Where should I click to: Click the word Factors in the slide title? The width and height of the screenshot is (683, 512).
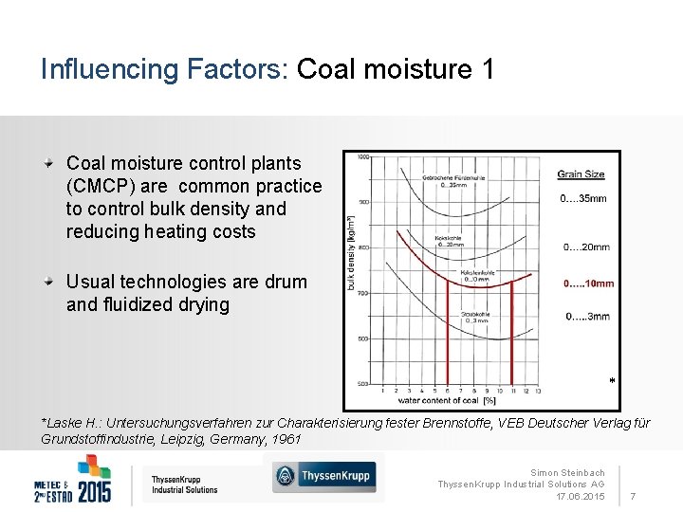pos(228,70)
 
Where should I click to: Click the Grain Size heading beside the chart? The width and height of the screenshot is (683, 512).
pos(581,174)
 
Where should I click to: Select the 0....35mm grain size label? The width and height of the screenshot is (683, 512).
pos(583,199)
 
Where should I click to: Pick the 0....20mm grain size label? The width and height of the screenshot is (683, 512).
pos(586,247)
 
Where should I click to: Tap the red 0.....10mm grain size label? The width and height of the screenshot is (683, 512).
pos(588,283)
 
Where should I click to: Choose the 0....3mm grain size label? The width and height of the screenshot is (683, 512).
pos(587,317)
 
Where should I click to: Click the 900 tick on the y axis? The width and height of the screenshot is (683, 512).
pos(362,202)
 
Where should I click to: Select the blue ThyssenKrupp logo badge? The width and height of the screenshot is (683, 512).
pos(323,476)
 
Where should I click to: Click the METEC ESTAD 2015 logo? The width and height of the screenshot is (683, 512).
pos(73,479)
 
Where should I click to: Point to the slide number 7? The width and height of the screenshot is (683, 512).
pos(633,497)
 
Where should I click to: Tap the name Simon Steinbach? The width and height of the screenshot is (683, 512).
pos(567,472)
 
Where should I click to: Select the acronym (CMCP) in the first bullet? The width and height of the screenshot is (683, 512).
pos(96,186)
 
